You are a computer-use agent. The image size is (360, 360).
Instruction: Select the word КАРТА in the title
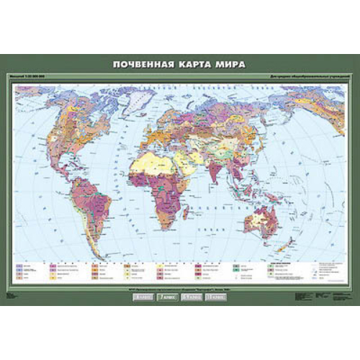(x=196, y=63)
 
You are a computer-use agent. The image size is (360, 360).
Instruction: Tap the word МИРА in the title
(x=232, y=63)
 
